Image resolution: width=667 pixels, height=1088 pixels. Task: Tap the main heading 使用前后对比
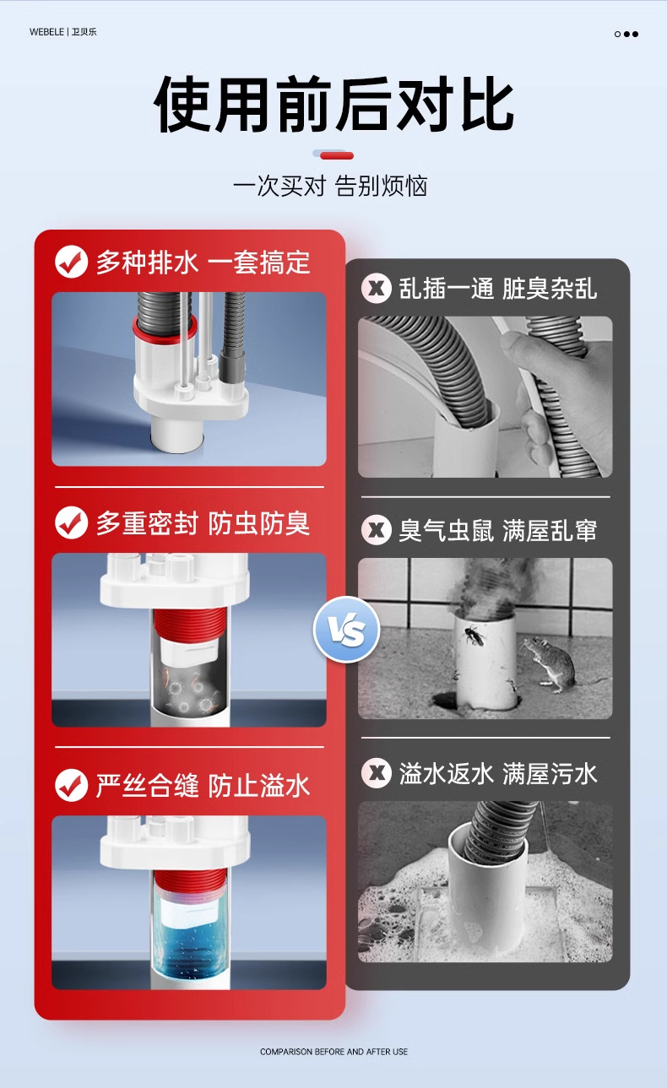(x=333, y=104)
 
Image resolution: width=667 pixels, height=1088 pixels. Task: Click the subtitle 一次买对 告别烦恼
(x=330, y=186)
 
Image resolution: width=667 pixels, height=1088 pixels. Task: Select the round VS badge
(x=346, y=630)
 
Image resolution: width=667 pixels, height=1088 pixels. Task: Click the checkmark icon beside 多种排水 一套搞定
(x=71, y=262)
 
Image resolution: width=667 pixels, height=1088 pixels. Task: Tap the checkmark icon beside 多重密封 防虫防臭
(x=71, y=522)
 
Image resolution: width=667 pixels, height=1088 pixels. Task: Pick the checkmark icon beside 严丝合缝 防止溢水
(x=71, y=785)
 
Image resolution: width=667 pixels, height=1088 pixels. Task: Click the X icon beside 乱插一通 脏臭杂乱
(x=377, y=289)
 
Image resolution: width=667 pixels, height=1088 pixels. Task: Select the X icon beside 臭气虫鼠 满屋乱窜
(x=377, y=529)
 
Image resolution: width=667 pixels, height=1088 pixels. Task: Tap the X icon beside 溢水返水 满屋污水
(x=377, y=773)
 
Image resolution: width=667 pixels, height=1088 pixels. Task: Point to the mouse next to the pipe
(x=549, y=663)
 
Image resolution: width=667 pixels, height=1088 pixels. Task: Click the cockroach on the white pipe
(x=474, y=636)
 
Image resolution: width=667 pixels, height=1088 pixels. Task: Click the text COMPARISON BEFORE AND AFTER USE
(x=333, y=1052)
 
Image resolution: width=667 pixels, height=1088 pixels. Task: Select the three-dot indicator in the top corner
(x=626, y=34)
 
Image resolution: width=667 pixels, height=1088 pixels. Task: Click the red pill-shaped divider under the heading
(x=336, y=155)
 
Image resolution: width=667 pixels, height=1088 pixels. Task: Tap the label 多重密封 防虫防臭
(x=203, y=523)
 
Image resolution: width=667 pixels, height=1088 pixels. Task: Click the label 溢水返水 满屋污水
(x=498, y=773)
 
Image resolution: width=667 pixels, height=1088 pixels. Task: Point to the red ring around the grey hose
(x=165, y=331)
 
